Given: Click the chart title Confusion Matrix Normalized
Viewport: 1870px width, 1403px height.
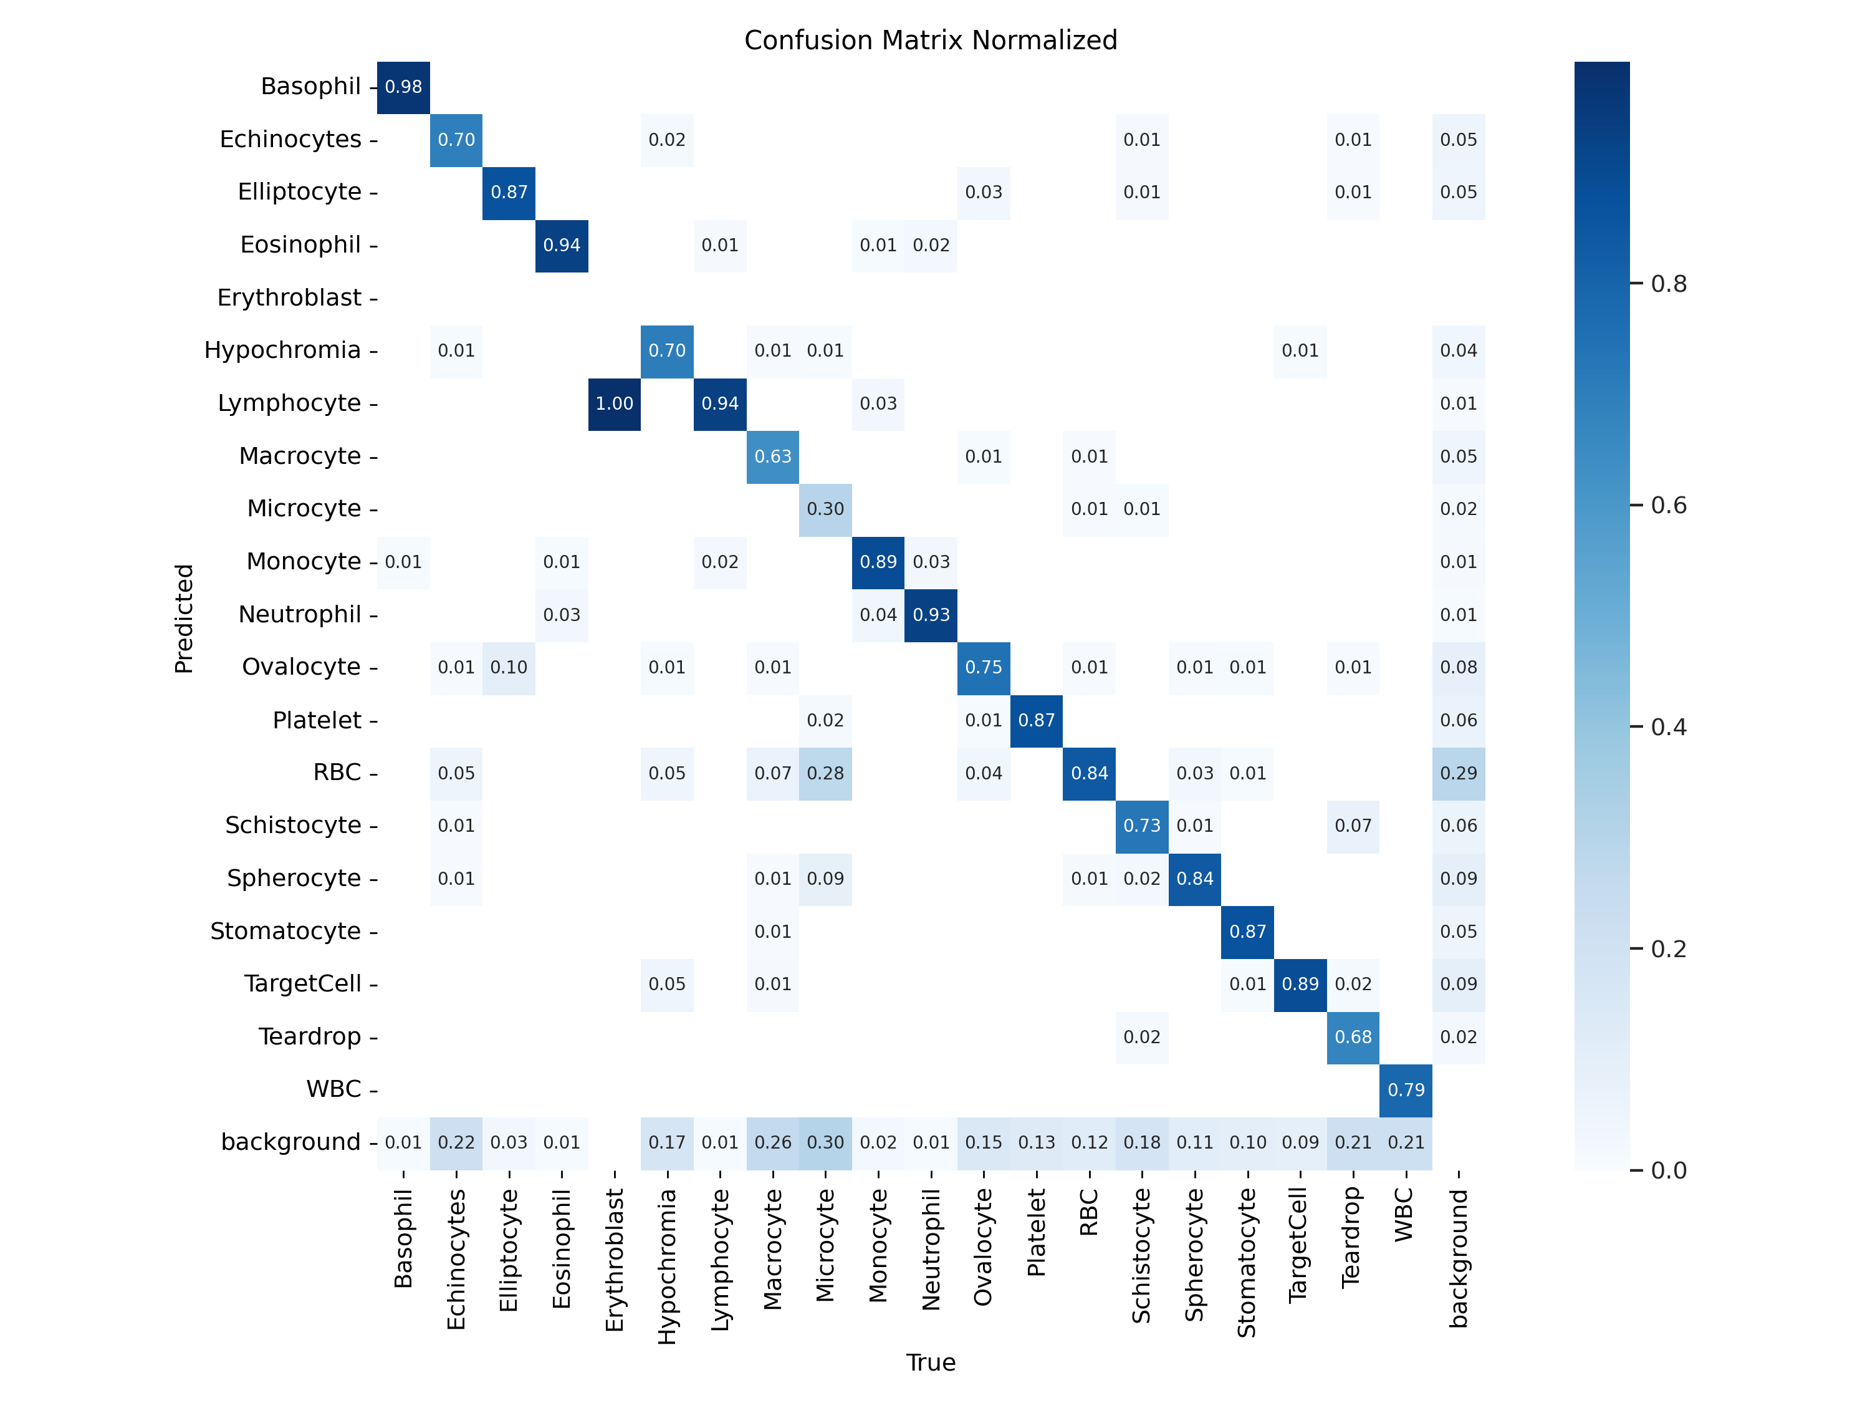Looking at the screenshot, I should pyautogui.click(x=930, y=41).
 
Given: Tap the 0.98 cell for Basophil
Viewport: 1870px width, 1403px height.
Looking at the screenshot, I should pyautogui.click(x=403, y=87).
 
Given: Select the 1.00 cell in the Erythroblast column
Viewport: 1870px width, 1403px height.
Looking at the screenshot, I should pyautogui.click(x=615, y=404).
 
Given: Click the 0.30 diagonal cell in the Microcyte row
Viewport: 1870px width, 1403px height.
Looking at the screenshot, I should pyautogui.click(x=825, y=509).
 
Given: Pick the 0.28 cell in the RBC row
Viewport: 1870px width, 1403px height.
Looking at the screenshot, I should pyautogui.click(x=825, y=774).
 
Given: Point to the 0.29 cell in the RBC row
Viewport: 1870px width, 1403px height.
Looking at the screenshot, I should pyautogui.click(x=1459, y=774).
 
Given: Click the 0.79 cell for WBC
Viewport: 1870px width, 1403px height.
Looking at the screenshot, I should pyautogui.click(x=1406, y=1090).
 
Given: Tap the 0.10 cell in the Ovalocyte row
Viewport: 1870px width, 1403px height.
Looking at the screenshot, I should pyautogui.click(x=509, y=668).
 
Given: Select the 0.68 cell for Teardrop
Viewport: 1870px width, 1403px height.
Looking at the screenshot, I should pyautogui.click(x=1353, y=1038).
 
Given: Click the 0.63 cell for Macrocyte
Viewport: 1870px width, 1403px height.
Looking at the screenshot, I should pyautogui.click(x=773, y=456).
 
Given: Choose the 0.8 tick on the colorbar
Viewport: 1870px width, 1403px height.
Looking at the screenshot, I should pyautogui.click(x=1668, y=284).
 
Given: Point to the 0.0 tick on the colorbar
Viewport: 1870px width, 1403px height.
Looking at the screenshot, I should pyautogui.click(x=1668, y=1170).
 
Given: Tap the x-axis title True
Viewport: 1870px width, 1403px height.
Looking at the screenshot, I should pyautogui.click(x=930, y=1362).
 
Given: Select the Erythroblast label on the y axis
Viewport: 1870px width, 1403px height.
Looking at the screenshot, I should pyautogui.click(x=289, y=297).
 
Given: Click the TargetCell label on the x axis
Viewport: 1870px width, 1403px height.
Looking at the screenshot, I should pyautogui.click(x=1300, y=1245).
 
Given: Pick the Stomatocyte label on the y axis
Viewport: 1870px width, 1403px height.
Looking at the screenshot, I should pyautogui.click(x=285, y=931).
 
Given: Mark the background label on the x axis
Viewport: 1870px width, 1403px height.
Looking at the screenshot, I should pyautogui.click(x=1459, y=1258).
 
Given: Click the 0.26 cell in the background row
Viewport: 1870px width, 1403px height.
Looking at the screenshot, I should pyautogui.click(x=773, y=1142).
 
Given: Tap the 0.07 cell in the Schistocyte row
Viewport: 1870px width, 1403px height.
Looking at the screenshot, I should pyautogui.click(x=1353, y=826).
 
